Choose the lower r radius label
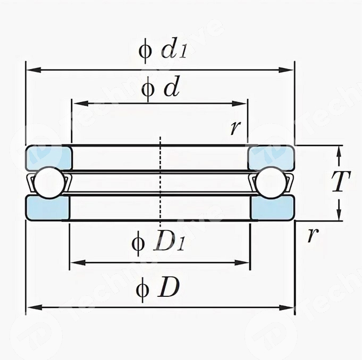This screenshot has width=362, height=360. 312,234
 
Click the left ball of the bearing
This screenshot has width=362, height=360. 48,183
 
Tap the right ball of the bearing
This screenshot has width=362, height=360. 271,183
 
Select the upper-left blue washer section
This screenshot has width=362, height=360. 48,158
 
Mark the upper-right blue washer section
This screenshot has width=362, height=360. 271,158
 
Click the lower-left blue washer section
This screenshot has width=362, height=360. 48,208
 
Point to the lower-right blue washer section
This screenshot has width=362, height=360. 271,208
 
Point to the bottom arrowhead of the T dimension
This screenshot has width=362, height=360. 339,216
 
